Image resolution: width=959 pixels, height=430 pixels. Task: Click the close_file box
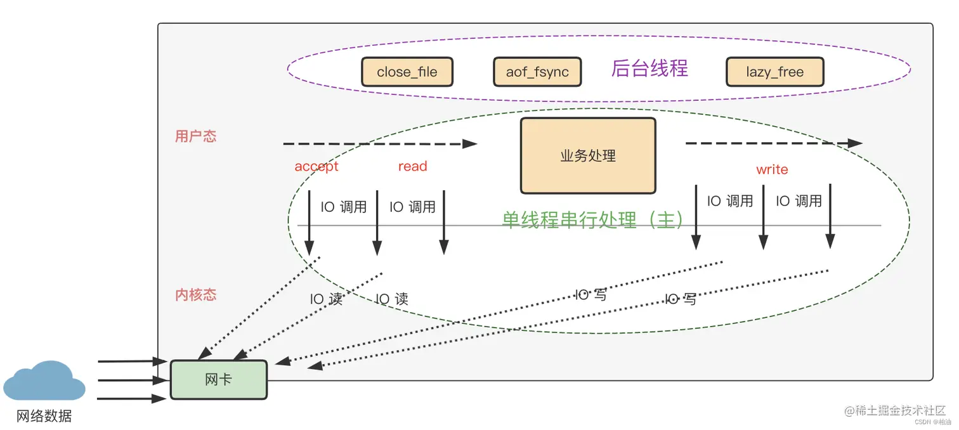click(407, 72)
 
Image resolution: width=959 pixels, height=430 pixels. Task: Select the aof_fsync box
click(537, 72)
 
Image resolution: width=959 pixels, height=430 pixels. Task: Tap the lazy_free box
click(774, 72)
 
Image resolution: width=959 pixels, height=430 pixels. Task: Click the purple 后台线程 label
click(649, 68)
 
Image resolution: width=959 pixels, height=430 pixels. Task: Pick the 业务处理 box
click(588, 155)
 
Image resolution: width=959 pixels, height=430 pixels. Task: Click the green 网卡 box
click(219, 380)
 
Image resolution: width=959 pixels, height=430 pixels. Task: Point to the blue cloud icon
click(44, 381)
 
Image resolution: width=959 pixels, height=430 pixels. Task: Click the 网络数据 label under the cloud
click(44, 416)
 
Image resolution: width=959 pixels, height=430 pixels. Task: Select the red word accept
click(316, 166)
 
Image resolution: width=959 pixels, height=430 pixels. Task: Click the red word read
click(412, 166)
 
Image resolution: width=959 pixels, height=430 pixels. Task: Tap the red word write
click(772, 169)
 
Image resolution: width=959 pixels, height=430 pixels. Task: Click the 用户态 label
click(195, 136)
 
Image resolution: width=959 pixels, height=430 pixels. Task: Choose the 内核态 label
click(195, 294)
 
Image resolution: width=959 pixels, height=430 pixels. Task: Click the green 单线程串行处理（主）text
click(594, 219)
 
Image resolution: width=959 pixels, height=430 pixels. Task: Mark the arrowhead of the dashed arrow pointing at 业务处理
click(469, 144)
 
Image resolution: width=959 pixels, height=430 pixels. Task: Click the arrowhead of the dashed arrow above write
click(855, 143)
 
